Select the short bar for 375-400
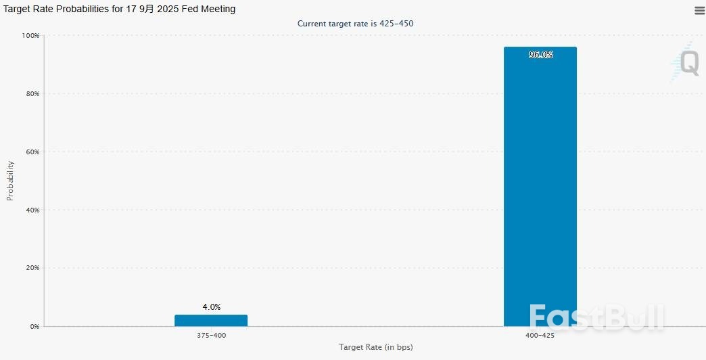[211, 320]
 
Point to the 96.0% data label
[540, 55]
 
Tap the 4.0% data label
[211, 307]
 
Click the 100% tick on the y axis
[31, 35]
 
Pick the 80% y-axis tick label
[32, 93]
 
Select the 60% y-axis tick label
[32, 152]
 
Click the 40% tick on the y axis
[32, 210]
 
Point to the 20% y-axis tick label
[32, 268]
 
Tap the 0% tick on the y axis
[34, 326]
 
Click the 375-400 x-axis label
[211, 336]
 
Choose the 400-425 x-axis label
[540, 336]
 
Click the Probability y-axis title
[10, 181]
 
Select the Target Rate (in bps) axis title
[375, 347]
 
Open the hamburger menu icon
[699, 10]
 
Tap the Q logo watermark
[688, 63]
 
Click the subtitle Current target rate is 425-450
[355, 24]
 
